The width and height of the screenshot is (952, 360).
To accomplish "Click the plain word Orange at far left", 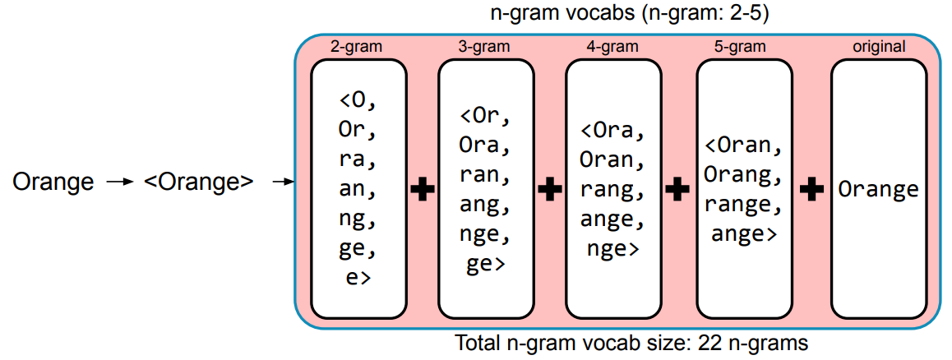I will point(53,181).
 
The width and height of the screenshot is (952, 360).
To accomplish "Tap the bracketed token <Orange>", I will point(198,181).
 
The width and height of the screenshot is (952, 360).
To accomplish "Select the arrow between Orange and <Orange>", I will point(120,181).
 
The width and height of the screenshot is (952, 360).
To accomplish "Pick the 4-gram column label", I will point(612,47).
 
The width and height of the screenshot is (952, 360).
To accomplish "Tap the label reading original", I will point(879,47).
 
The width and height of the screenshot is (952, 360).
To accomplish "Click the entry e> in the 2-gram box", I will point(358,277).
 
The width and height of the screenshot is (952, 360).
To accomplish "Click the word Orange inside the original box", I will point(879,190).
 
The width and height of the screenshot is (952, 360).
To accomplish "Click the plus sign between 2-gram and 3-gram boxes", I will point(422,190).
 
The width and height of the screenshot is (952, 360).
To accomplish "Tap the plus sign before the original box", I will point(811,190).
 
